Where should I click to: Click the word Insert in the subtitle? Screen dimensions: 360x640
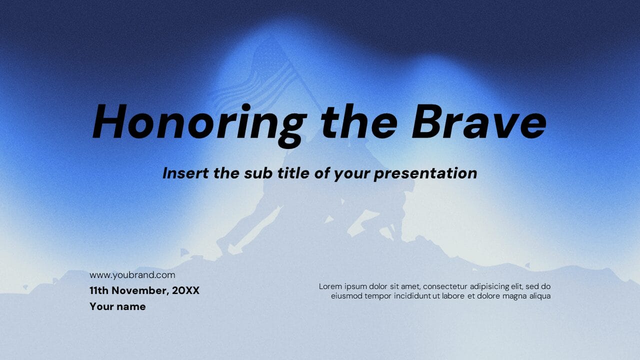185,173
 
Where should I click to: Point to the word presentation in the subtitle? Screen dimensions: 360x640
425,173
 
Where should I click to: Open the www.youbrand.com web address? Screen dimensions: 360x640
132,275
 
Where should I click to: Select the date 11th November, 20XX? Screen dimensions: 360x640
144,290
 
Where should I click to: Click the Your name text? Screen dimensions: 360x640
117,306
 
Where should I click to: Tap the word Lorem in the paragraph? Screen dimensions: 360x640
330,286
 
